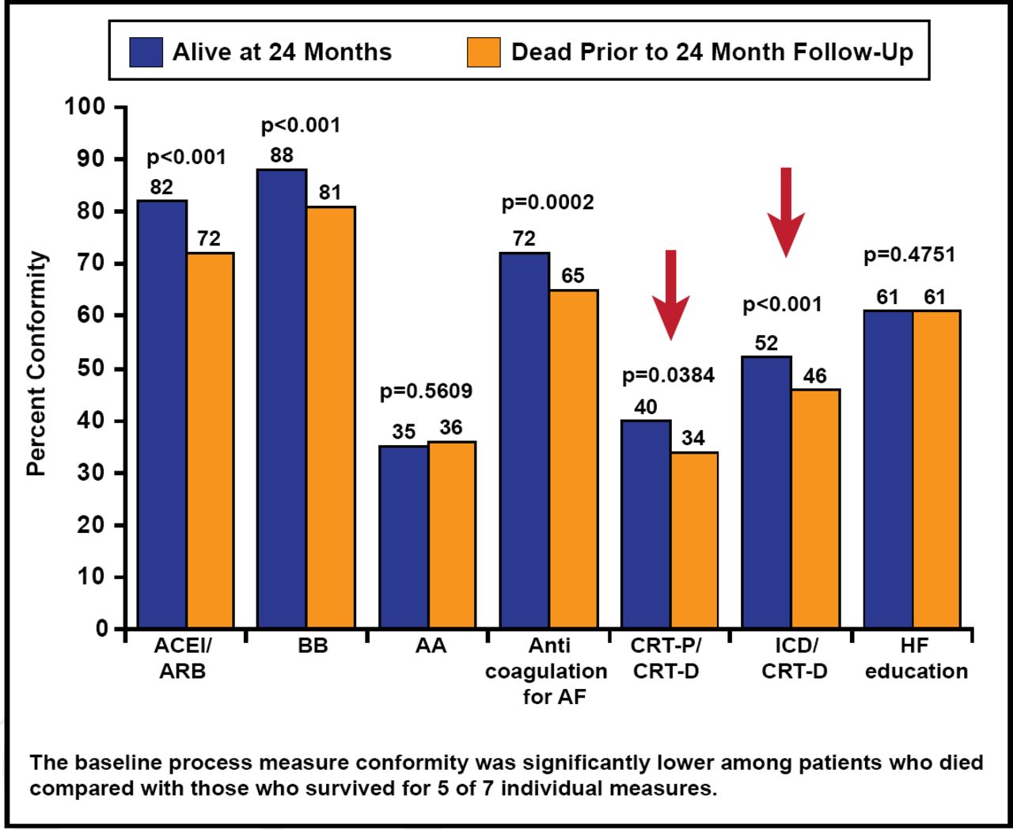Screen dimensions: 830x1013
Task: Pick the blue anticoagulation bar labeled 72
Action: pyautogui.click(x=524, y=440)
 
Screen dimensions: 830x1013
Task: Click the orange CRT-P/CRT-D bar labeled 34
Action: pyautogui.click(x=694, y=540)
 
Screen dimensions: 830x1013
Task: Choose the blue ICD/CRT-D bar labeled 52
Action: pyautogui.click(x=767, y=492)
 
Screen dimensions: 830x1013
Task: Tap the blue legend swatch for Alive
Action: pyautogui.click(x=146, y=52)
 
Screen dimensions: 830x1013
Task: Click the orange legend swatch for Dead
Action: pyautogui.click(x=484, y=52)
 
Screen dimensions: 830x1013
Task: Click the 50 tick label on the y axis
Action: pyautogui.click(x=91, y=369)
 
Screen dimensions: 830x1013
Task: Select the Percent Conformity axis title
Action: pyautogui.click(x=36, y=364)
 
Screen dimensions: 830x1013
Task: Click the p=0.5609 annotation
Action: pyautogui.click(x=426, y=391)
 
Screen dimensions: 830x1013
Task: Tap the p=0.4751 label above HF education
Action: pyautogui.click(x=909, y=255)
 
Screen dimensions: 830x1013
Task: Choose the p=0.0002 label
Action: pyautogui.click(x=548, y=203)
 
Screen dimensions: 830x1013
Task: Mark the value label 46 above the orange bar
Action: pyautogui.click(x=815, y=376)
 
